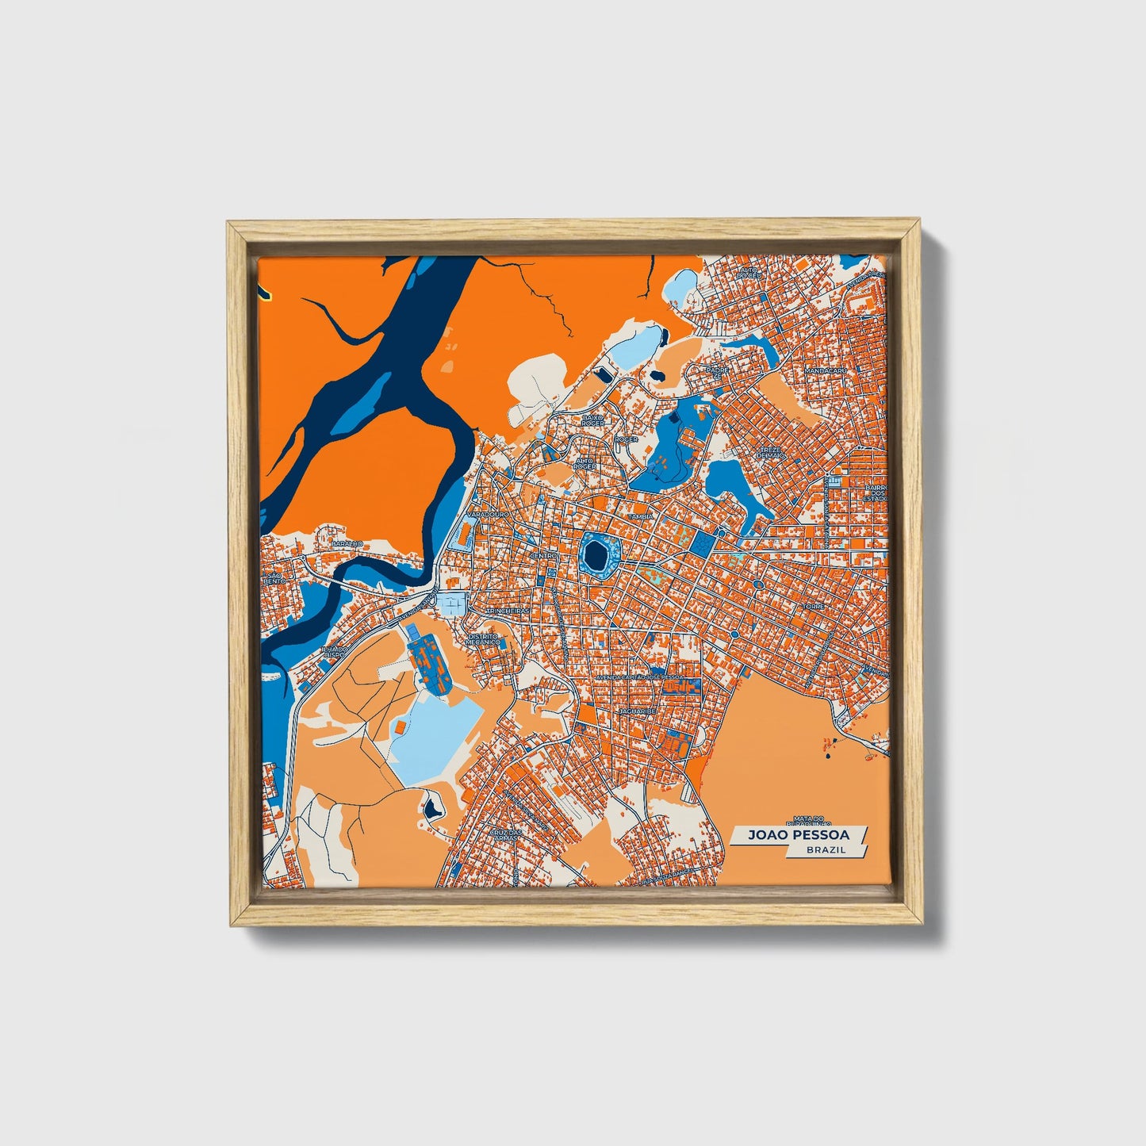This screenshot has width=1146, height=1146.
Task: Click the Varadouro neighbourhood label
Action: tap(486, 515)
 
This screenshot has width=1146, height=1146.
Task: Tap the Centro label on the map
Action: tap(544, 556)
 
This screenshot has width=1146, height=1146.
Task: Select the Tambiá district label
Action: tap(640, 516)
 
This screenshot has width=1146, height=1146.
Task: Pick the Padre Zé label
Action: tap(717, 373)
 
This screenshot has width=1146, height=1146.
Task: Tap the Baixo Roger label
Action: tap(592, 420)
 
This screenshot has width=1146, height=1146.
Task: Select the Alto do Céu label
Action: tap(749, 273)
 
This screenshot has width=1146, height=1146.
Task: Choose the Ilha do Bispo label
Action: tap(334, 652)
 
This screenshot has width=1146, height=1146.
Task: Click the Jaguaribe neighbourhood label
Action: tap(637, 712)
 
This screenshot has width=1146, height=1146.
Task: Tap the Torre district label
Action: tap(814, 606)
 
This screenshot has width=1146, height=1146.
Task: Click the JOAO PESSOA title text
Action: tap(798, 835)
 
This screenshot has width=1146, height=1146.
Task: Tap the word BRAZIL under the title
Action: tap(825, 849)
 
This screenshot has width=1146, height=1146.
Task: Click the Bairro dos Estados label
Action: tap(876, 493)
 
